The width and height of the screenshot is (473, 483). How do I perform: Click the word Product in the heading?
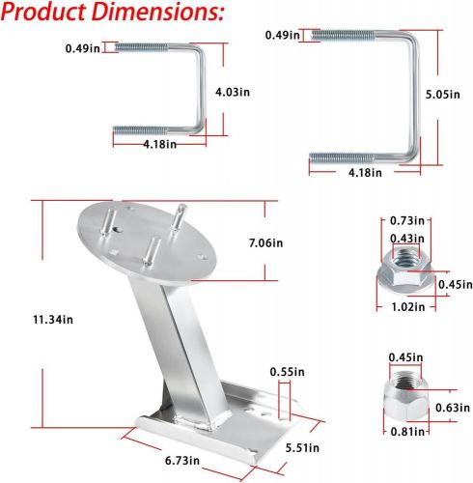48,14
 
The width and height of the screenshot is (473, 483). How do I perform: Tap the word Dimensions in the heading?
154,14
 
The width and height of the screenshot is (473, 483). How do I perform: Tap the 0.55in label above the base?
286,370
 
